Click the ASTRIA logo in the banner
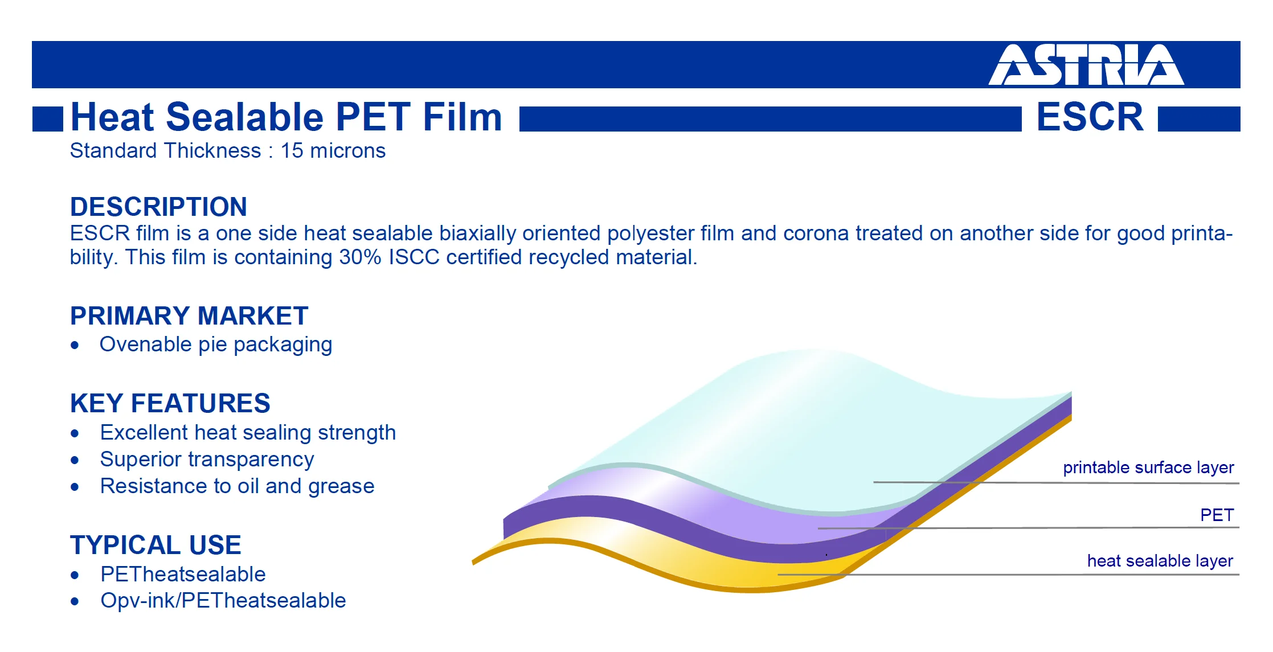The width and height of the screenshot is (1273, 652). click(x=1086, y=65)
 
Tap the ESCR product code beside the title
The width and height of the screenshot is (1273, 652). click(x=1090, y=117)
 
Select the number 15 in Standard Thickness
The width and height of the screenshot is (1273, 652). click(x=292, y=151)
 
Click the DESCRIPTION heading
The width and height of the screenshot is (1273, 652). click(x=158, y=207)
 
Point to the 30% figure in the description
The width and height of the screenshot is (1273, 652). click(x=360, y=257)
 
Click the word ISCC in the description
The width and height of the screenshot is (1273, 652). click(x=414, y=257)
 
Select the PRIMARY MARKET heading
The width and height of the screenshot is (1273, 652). click(x=189, y=315)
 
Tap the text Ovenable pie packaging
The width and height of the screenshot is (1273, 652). click(x=216, y=345)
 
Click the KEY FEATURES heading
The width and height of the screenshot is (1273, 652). click(x=170, y=403)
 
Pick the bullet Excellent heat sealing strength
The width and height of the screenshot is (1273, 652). click(x=248, y=433)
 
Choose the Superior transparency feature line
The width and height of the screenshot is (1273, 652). click(x=207, y=460)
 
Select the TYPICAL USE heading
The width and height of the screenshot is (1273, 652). click(x=155, y=545)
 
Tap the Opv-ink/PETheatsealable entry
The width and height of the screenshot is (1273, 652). click(x=223, y=601)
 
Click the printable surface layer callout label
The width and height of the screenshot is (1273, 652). click(x=1148, y=468)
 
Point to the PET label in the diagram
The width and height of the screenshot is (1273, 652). click(x=1217, y=515)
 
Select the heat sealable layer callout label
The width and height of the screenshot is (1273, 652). click(x=1160, y=561)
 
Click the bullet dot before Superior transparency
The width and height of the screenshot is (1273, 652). click(x=75, y=460)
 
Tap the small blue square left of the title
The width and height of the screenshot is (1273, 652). click(x=48, y=119)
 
